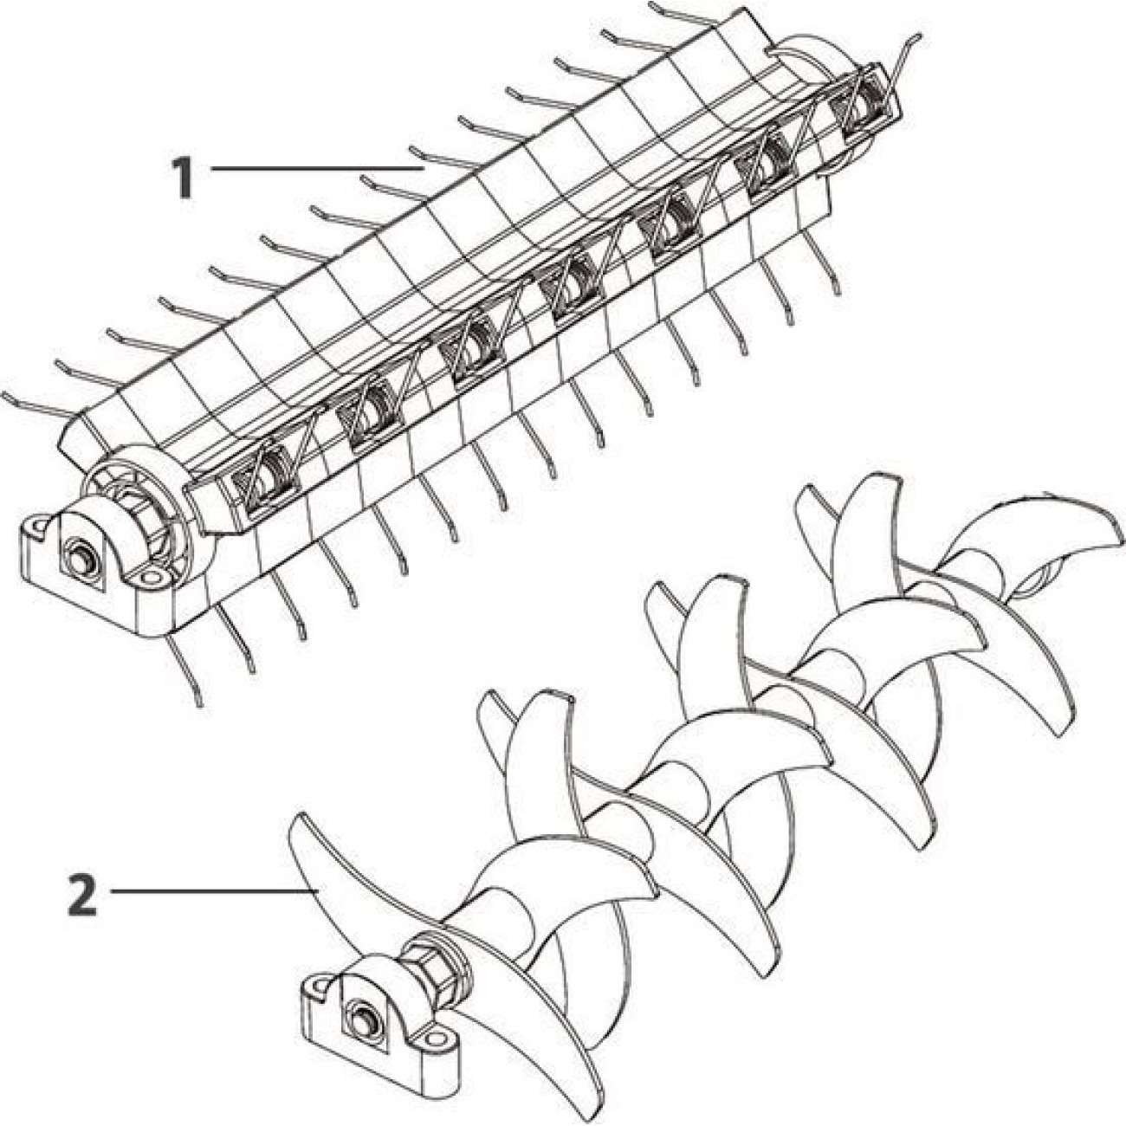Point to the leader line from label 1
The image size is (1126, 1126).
[317, 168]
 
